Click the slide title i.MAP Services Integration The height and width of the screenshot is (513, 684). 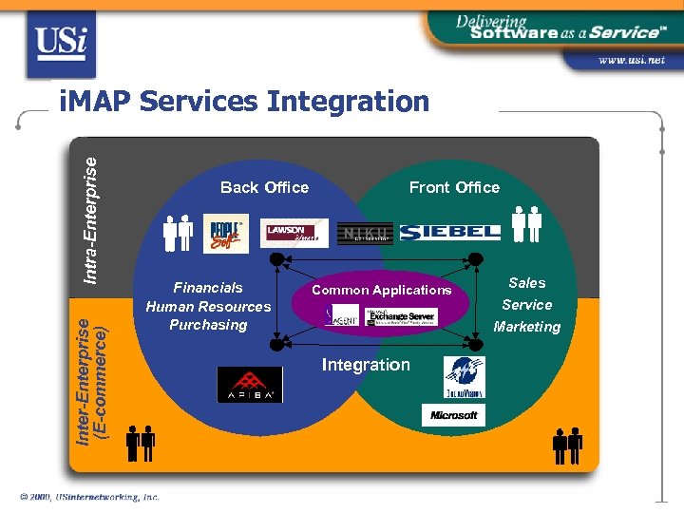pyautogui.click(x=243, y=101)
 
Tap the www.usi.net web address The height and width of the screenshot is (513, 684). pyautogui.click(x=631, y=60)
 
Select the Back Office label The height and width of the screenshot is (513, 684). pyautogui.click(x=264, y=187)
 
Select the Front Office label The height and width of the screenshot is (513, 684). pyautogui.click(x=454, y=187)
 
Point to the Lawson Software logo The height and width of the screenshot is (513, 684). pyautogui.click(x=294, y=233)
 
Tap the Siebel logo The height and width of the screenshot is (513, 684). pyautogui.click(x=449, y=233)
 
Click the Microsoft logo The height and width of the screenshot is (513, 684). pyautogui.click(x=453, y=415)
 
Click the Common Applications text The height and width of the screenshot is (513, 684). pyautogui.click(x=382, y=290)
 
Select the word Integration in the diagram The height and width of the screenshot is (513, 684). pyautogui.click(x=366, y=365)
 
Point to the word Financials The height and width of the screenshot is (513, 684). pyautogui.click(x=208, y=287)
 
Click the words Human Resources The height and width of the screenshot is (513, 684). pyautogui.click(x=208, y=306)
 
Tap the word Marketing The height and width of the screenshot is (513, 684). pyautogui.click(x=527, y=327)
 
